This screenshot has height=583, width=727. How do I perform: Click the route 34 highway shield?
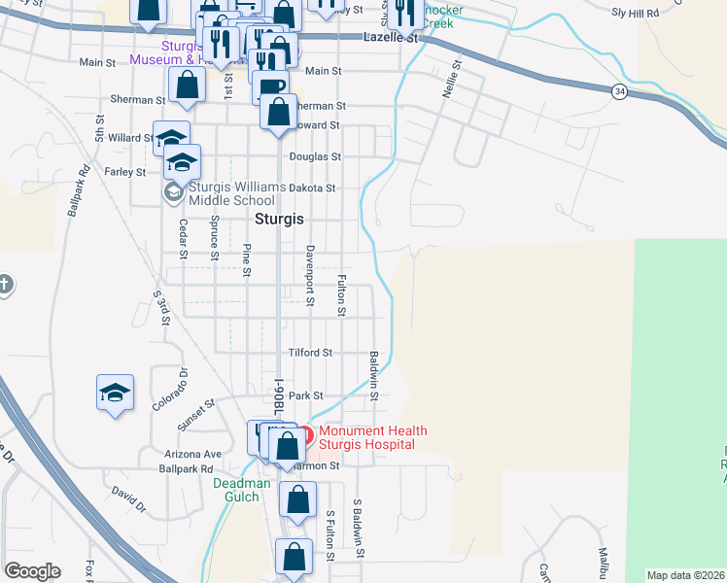coord(618,91)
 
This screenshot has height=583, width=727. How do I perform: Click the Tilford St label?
coord(310,353)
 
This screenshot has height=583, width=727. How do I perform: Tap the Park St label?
coord(305,395)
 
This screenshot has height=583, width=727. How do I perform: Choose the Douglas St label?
coord(315,156)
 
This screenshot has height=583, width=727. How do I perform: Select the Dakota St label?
coord(311,189)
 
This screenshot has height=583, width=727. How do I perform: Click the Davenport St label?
coord(310,275)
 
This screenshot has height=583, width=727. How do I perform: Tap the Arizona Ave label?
coord(199,454)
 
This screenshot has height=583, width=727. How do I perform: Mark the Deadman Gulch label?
coord(236,490)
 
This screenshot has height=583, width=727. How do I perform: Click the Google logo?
coord(32,570)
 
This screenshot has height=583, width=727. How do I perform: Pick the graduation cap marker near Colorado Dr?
coord(115,394)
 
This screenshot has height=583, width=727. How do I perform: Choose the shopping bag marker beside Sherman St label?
coord(186,85)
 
